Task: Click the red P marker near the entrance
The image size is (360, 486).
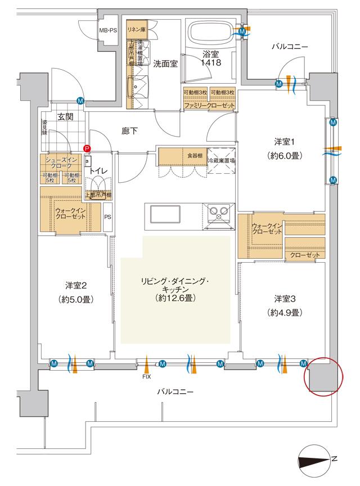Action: tap(87, 148)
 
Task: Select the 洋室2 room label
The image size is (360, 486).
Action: tap(75, 285)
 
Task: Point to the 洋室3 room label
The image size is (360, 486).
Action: tap(285, 298)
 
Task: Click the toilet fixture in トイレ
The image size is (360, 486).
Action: tap(98, 184)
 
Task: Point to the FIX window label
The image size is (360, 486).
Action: tap(146, 377)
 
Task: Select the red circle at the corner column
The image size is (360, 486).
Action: tap(322, 375)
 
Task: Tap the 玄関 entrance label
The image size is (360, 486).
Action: tap(65, 117)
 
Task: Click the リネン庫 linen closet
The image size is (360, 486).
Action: tap(136, 29)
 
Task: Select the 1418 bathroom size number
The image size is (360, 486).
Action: tap(212, 63)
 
